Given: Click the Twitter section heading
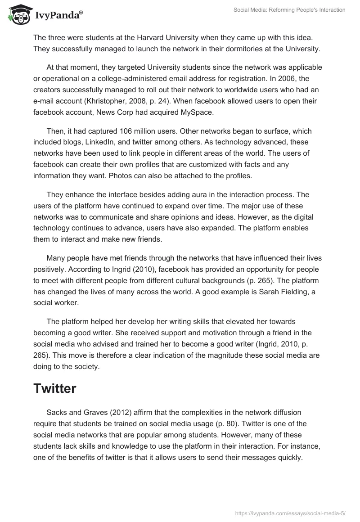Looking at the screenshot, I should point(54,388).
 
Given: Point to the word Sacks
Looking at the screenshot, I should point(57,412).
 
